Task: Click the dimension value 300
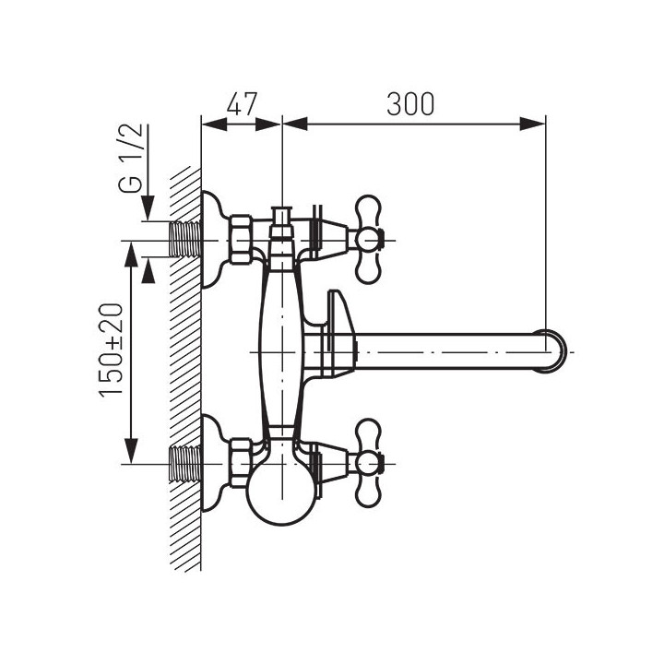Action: [410, 103]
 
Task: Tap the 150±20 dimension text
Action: [111, 350]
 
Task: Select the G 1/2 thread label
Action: [130, 159]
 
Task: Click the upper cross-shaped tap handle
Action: [368, 239]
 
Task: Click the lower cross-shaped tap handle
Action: [368, 463]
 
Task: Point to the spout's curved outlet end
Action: [555, 351]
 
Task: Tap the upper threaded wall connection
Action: [184, 239]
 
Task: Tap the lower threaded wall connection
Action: [184, 464]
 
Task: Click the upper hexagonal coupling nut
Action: [242, 239]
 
